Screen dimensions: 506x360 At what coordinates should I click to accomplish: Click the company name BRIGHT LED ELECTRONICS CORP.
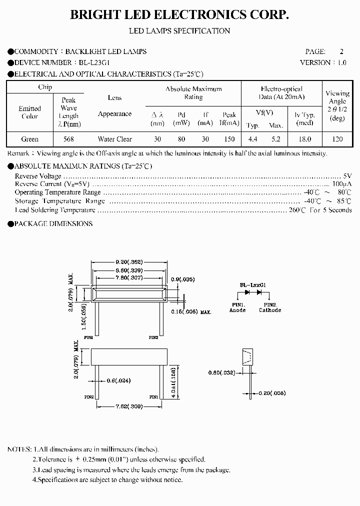click(179, 15)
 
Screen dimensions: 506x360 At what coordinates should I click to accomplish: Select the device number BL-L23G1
click(94, 62)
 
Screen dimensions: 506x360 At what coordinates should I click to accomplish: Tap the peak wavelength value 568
click(68, 139)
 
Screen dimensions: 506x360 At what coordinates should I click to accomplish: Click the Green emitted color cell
click(30, 139)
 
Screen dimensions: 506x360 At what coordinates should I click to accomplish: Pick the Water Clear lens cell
click(114, 139)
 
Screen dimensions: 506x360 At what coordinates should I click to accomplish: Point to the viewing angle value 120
click(337, 139)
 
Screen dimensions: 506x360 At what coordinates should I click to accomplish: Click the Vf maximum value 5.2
click(275, 139)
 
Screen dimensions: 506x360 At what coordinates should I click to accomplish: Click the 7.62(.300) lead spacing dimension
click(129, 406)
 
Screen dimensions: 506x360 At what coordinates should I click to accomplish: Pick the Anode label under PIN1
click(237, 310)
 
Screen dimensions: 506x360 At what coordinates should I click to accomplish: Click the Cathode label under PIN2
click(270, 310)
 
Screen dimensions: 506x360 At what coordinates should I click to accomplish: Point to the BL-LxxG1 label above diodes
click(254, 284)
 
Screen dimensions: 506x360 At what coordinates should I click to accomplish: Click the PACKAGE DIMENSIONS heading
click(53, 223)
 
